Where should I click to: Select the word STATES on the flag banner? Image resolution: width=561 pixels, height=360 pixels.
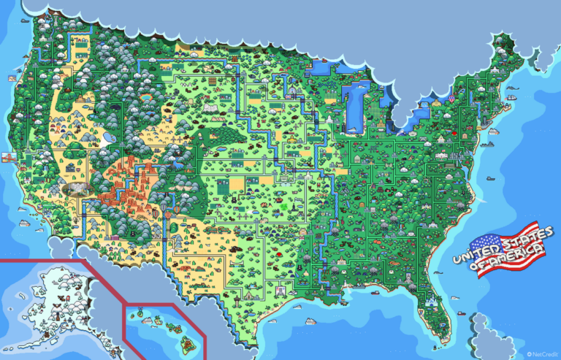(x=514, y=241)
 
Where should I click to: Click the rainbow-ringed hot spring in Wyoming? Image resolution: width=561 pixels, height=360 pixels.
(x=148, y=96)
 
